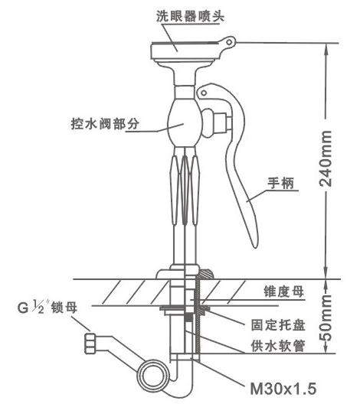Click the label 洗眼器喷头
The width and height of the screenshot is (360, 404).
click(190, 16)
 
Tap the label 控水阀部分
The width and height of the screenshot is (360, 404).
click(105, 124)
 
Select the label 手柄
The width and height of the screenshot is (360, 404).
click(281, 183)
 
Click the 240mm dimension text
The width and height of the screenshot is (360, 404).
click(326, 158)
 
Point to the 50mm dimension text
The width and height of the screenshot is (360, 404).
click(326, 318)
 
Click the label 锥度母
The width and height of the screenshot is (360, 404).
click(283, 292)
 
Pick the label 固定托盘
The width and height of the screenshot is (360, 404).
click(278, 325)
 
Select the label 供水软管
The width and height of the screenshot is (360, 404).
click(278, 346)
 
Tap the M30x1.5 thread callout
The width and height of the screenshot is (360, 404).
click(283, 388)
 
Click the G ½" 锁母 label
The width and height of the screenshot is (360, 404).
click(47, 307)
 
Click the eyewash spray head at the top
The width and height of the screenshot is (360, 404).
click(185, 51)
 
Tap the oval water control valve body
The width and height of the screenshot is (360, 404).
click(184, 123)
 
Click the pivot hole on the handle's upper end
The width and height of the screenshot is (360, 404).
click(204, 93)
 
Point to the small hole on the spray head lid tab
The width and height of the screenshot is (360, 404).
click(229, 42)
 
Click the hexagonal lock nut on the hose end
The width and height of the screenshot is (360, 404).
click(90, 344)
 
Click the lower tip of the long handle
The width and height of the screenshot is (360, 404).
click(255, 247)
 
